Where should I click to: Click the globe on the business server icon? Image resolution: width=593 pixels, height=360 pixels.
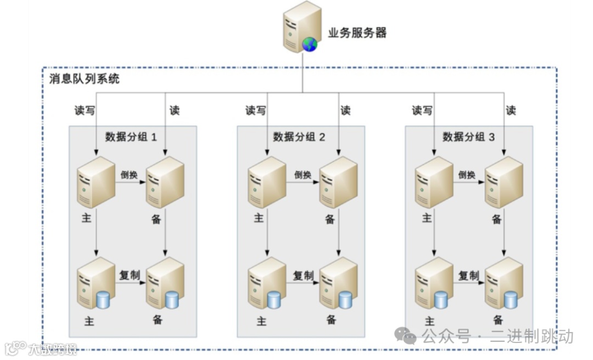tap(310, 44)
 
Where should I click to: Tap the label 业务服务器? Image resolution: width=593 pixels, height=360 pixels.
tap(357, 33)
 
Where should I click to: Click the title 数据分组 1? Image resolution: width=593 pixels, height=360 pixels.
tap(131, 137)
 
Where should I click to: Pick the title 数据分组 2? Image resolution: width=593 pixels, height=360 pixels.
tap(299, 137)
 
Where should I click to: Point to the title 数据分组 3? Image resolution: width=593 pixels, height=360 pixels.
tap(468, 137)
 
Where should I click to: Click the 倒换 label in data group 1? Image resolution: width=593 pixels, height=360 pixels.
tap(130, 175)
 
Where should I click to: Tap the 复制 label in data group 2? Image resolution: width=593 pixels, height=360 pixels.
tap(303, 275)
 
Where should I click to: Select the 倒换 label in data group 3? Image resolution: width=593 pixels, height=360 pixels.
tap(467, 175)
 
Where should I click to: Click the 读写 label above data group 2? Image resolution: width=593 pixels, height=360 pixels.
tap(255, 111)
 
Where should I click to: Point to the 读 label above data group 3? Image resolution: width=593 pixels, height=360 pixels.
tap(511, 111)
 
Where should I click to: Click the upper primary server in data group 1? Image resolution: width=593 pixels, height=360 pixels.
tap(96, 182)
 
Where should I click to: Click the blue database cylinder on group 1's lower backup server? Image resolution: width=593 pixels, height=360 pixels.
tap(172, 300)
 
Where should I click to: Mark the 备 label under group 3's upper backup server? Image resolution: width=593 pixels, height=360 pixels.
tap(497, 220)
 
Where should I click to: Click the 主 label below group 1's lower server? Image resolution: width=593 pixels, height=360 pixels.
tap(89, 321)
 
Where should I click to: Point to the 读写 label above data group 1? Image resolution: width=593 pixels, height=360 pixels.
tap(85, 111)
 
